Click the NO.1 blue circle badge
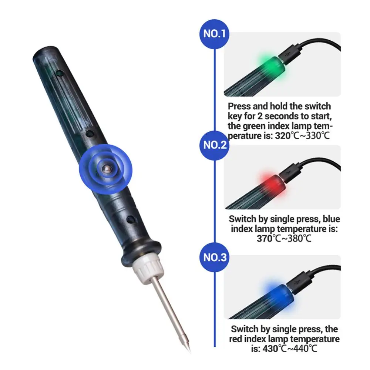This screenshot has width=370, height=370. (215, 34)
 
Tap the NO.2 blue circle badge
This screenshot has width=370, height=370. (215, 145)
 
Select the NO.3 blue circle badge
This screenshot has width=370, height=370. (215, 257)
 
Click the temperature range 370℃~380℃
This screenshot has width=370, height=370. (284, 238)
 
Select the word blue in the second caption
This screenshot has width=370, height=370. (331, 219)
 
